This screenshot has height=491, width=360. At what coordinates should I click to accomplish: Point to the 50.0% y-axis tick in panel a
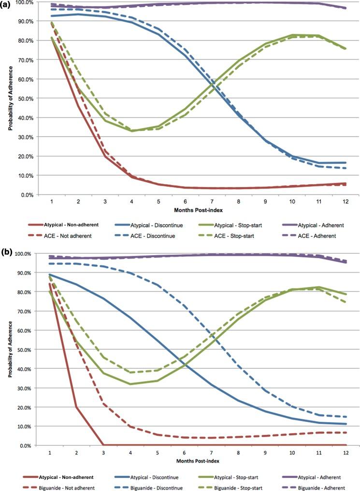[x=24, y=99]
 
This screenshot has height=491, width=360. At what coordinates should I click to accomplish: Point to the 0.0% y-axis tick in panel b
[x=25, y=445]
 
